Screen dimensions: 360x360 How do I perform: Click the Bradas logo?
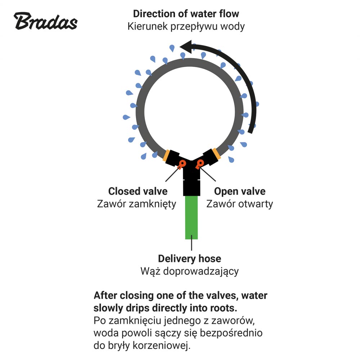pyautogui.click(x=46, y=21)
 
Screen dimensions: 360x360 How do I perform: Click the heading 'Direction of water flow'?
pyautogui.click(x=186, y=14)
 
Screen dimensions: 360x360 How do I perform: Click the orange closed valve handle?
pyautogui.click(x=182, y=164)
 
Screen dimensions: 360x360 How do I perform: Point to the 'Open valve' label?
pyautogui.click(x=240, y=191)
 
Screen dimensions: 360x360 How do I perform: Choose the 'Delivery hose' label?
pyautogui.click(x=190, y=258)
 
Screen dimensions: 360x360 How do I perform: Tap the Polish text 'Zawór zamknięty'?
pyautogui.click(x=136, y=204)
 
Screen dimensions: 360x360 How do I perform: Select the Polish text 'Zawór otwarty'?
pyautogui.click(x=240, y=204)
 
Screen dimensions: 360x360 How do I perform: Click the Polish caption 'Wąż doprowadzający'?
pyautogui.click(x=190, y=271)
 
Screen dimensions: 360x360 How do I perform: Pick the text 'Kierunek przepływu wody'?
pyautogui.click(x=186, y=27)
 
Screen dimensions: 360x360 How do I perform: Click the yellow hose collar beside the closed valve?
pyautogui.click(x=166, y=154)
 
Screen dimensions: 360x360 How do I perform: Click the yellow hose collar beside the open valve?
pyautogui.click(x=216, y=154)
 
